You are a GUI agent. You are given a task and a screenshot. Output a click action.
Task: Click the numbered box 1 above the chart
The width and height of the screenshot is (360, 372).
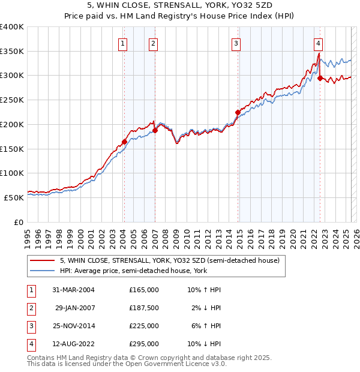(123, 43)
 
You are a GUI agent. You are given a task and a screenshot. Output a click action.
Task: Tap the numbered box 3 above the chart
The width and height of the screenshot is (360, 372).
(236, 43)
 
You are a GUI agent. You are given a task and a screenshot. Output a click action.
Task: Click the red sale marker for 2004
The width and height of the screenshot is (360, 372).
(124, 142)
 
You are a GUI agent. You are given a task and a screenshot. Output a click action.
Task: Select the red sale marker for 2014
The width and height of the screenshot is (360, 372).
(238, 112)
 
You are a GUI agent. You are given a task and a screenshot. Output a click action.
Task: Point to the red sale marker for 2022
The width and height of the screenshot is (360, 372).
(320, 78)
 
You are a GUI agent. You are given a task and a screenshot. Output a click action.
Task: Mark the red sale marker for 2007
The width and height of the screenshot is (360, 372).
(155, 130)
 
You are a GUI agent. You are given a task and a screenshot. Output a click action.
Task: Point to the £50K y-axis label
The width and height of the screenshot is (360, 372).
(14, 197)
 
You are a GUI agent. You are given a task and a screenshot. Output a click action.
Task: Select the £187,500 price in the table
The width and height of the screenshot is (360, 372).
(144, 308)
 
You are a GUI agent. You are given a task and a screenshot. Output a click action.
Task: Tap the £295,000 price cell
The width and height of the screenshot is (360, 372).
(144, 344)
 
